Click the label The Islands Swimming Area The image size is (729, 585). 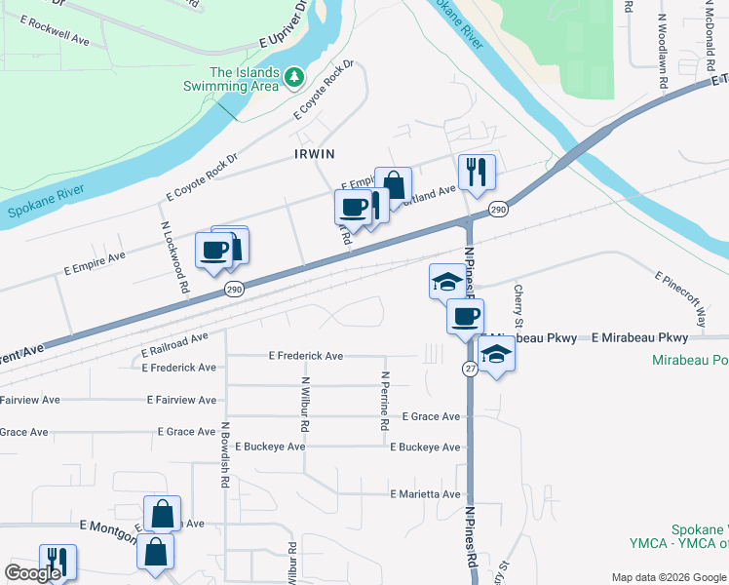click(231, 79)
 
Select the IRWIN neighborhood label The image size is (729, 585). click(315, 154)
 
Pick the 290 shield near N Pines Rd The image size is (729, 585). click(497, 210)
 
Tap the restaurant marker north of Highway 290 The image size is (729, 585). click(477, 173)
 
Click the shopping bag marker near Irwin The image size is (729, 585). click(394, 185)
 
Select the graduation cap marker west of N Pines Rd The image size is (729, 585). click(447, 282)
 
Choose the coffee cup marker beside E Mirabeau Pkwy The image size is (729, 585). click(465, 317)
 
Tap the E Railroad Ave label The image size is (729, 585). click(174, 343)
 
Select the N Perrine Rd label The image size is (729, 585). click(385, 401)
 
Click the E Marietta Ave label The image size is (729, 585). click(425, 494)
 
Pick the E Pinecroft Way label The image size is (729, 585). click(681, 298)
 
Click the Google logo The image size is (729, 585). click(32, 573)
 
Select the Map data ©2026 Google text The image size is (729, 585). click(669, 577)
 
